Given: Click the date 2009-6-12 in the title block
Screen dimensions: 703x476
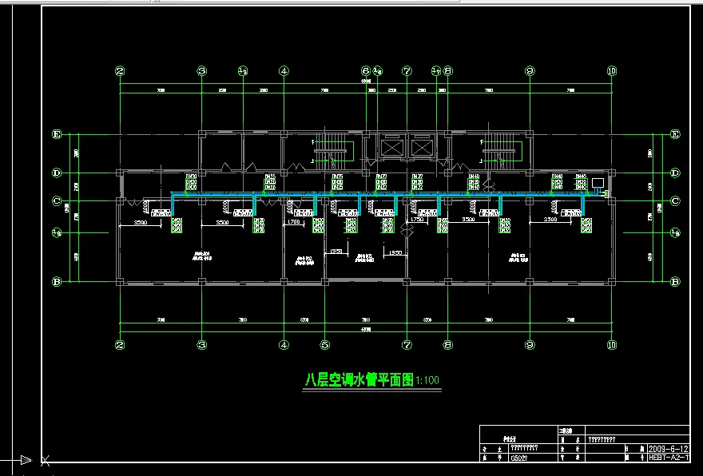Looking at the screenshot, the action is (x=668, y=448).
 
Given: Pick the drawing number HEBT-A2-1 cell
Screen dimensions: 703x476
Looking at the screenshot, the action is (x=668, y=458).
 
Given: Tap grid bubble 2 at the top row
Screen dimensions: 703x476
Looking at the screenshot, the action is (x=120, y=70).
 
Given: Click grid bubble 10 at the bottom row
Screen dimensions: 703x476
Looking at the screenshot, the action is (x=611, y=346).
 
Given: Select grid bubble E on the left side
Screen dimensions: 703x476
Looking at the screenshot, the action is (x=57, y=134).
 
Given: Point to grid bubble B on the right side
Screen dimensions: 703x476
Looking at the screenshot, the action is (x=675, y=281).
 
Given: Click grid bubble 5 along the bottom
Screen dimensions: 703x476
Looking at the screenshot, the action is (x=324, y=346).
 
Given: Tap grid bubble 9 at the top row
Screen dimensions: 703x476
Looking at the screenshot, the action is (x=529, y=70).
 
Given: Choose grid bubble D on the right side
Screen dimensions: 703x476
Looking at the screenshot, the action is (x=675, y=173).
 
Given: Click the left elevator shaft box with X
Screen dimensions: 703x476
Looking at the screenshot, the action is (x=391, y=148).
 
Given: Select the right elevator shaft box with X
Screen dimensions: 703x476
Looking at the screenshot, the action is (x=420, y=148).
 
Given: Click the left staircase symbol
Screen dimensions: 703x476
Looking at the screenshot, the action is (x=330, y=148).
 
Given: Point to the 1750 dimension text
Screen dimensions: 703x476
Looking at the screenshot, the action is (x=416, y=220).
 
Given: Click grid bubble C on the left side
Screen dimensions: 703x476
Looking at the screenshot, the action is (x=57, y=200).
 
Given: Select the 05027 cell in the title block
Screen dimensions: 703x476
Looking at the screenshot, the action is (x=518, y=458).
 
